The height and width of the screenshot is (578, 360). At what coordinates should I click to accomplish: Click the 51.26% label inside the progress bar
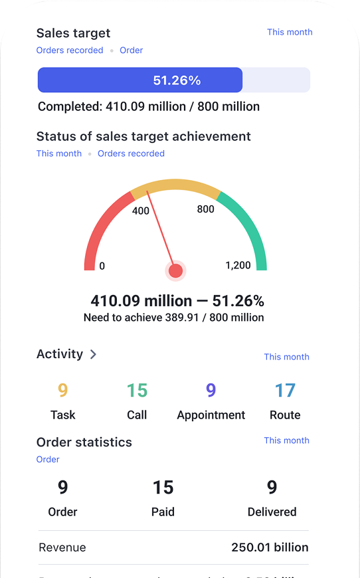click(177, 81)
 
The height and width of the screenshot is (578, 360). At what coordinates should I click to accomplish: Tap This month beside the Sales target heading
click(290, 32)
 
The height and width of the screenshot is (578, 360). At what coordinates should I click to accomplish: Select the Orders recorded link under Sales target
click(70, 50)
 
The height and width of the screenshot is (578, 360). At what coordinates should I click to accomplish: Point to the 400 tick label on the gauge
click(141, 211)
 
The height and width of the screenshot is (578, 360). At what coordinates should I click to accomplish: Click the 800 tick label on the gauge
click(206, 209)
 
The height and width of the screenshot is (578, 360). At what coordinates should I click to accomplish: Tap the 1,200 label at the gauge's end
click(238, 266)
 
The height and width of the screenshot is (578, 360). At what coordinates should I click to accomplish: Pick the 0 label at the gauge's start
click(102, 266)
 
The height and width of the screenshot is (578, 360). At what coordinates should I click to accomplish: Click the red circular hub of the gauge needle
click(175, 270)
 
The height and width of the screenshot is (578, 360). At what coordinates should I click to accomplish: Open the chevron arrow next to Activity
click(93, 355)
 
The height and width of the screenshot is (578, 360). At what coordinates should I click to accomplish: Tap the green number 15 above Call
click(137, 391)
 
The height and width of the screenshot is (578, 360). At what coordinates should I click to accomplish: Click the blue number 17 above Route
click(285, 391)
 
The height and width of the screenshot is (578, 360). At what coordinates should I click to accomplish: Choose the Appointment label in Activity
click(211, 415)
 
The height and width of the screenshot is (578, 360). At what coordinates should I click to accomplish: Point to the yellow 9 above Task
click(62, 391)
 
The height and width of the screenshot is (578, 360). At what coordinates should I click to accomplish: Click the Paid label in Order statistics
click(163, 512)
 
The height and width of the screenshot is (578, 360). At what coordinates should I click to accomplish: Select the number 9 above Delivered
click(272, 488)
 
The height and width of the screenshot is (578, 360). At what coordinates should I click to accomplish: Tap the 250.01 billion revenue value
click(270, 548)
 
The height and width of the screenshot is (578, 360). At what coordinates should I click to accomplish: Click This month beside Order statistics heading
click(286, 440)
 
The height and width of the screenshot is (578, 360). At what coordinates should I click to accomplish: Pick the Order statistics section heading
click(84, 442)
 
